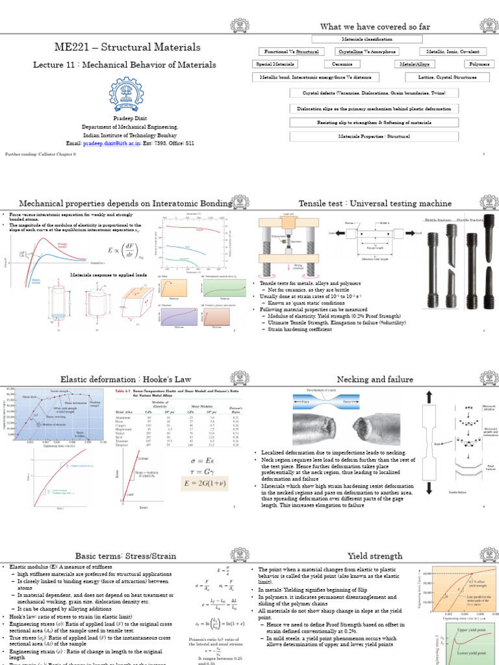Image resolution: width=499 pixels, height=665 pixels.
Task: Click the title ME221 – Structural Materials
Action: click(x=125, y=49)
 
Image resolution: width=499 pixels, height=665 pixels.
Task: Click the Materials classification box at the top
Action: click(x=367, y=40)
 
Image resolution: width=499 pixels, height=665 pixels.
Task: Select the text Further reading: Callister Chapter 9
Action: click(x=40, y=155)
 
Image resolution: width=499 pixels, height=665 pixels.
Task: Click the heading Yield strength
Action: click(x=367, y=556)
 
